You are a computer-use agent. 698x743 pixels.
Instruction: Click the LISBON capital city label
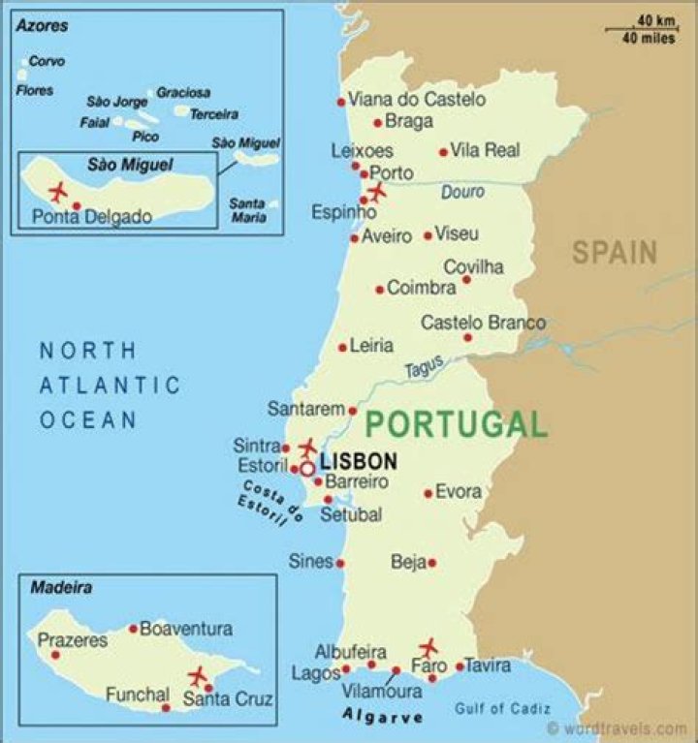[x=359, y=462]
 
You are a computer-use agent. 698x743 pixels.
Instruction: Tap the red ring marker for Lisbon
[x=306, y=469]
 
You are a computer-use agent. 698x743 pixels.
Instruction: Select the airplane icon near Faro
[x=428, y=648]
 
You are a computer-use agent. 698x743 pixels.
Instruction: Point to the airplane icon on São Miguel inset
[x=57, y=188]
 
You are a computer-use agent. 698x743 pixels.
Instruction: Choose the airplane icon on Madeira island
[x=199, y=675]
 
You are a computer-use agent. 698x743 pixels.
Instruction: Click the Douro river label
[x=462, y=193]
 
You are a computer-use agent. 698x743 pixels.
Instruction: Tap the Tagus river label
[x=424, y=367]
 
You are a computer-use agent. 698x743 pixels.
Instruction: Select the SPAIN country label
[x=614, y=253]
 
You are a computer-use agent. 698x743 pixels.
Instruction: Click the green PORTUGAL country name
[x=456, y=424]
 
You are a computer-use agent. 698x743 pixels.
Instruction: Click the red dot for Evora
[x=428, y=493]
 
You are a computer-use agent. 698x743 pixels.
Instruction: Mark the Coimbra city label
[x=421, y=288]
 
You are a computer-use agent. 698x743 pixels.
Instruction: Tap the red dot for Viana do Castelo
[x=341, y=102]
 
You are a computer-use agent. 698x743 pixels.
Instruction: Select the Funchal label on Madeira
[x=137, y=695]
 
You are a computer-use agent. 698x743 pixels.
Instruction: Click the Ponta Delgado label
[x=92, y=217]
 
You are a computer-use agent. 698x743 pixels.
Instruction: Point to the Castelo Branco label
[x=483, y=323]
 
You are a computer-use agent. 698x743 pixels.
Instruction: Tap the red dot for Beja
[x=432, y=563]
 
